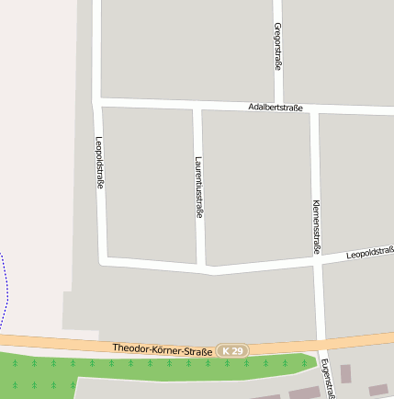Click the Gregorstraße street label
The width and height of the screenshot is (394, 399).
(277, 47)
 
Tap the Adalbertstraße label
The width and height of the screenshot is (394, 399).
(276, 108)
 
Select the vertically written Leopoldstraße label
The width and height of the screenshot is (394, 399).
(99, 163)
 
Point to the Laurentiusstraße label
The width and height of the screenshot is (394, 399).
(198, 187)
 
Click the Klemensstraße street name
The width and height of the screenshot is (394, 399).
(316, 226)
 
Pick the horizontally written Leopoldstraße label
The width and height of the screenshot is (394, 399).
(369, 252)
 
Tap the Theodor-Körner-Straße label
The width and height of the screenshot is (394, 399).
(163, 348)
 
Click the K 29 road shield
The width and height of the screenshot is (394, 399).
(233, 351)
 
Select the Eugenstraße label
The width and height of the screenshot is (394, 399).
(326, 378)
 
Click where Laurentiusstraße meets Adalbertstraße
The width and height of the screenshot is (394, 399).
(197, 106)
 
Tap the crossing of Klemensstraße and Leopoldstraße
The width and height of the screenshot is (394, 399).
(317, 261)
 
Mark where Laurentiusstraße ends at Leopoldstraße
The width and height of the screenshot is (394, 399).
(202, 268)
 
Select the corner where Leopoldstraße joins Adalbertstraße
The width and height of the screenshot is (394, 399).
(96, 101)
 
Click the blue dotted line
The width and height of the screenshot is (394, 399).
(6, 285)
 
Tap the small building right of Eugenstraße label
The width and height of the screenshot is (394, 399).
(346, 373)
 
